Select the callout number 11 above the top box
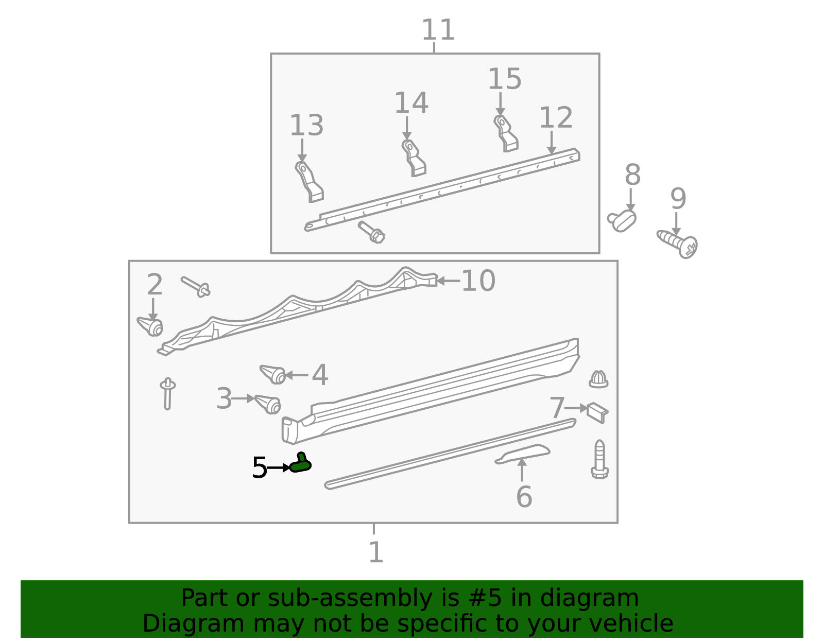[x=438, y=30]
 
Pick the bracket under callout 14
[x=414, y=158]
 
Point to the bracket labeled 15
[x=506, y=133]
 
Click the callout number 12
[x=556, y=118]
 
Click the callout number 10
[x=478, y=281]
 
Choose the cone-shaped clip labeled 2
[x=150, y=326]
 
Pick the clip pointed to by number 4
[x=273, y=374]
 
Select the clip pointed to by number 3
[x=268, y=404]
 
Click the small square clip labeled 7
[x=597, y=412]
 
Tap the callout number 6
[x=524, y=497]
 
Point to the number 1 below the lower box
[x=376, y=552]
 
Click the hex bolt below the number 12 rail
[x=372, y=232]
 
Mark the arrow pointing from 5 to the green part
[x=279, y=468]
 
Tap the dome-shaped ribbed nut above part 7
[x=598, y=379]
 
